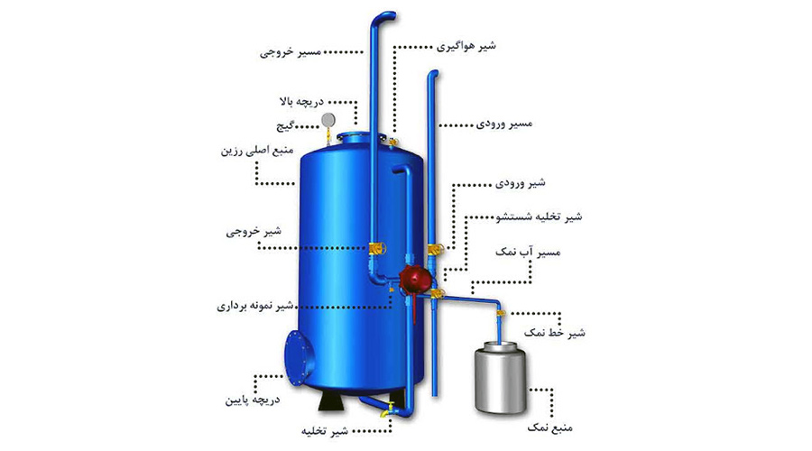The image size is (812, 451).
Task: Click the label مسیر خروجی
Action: (291, 52)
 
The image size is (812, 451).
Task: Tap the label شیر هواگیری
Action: (466, 46)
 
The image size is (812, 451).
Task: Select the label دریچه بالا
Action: (301, 102)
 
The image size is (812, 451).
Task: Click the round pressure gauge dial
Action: (328, 121)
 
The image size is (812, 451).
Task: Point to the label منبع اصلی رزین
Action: (257, 151)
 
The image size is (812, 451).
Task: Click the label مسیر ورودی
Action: (504, 124)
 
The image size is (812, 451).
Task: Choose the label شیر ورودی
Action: (520, 183)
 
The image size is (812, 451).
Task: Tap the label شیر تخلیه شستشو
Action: (539, 216)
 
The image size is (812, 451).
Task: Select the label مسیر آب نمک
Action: (528, 253)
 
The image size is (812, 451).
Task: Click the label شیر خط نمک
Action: (555, 333)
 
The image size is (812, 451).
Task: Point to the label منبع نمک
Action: (550, 428)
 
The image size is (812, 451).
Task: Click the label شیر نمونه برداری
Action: (255, 306)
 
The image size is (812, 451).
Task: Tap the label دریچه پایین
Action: (253, 400)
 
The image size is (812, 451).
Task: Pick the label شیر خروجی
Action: (254, 232)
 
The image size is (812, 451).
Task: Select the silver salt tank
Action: (500, 377)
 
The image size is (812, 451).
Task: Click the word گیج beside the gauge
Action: (285, 126)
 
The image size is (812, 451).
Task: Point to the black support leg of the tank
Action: (332, 400)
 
